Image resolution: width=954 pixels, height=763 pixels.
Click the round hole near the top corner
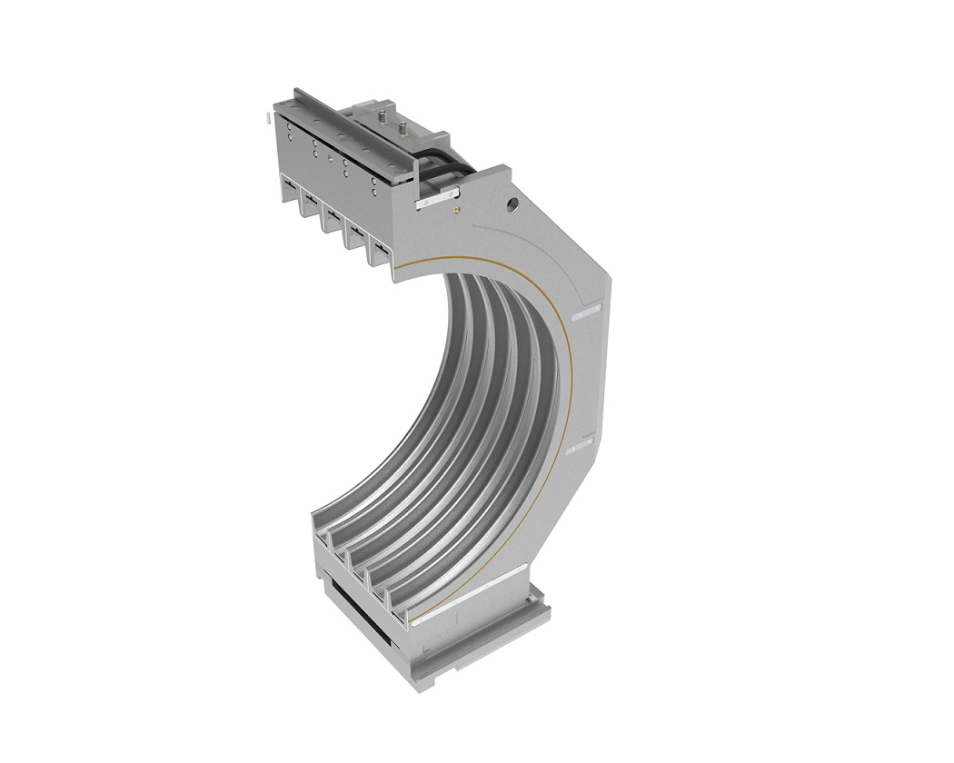[x=513, y=205]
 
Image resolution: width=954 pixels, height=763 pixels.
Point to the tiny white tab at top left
[x=264, y=117]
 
